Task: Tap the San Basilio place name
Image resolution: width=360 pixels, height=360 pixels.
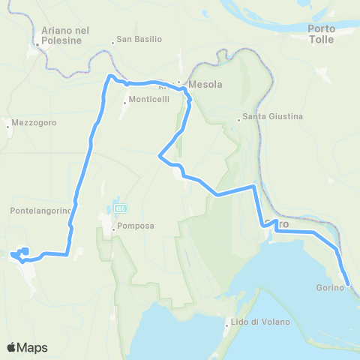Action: click(x=137, y=41)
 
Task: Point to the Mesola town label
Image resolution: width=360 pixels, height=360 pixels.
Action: click(x=205, y=85)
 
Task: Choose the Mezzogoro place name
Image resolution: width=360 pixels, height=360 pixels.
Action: click(x=34, y=121)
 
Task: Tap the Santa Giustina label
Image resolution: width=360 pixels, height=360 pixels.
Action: click(x=271, y=117)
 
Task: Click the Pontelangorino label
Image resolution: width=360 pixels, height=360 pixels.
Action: click(x=40, y=211)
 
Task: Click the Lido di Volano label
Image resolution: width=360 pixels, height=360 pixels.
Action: click(x=260, y=322)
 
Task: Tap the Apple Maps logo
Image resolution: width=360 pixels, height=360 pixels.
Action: click(x=27, y=347)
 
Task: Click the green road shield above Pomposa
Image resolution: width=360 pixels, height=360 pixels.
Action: click(x=120, y=208)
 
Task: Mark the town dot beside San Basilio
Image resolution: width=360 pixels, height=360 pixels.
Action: click(x=112, y=42)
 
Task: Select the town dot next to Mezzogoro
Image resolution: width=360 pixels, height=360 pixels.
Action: click(x=8, y=127)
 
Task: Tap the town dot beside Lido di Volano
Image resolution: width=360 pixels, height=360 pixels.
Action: click(x=227, y=325)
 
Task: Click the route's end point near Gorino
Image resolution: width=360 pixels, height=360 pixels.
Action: click(x=349, y=286)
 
